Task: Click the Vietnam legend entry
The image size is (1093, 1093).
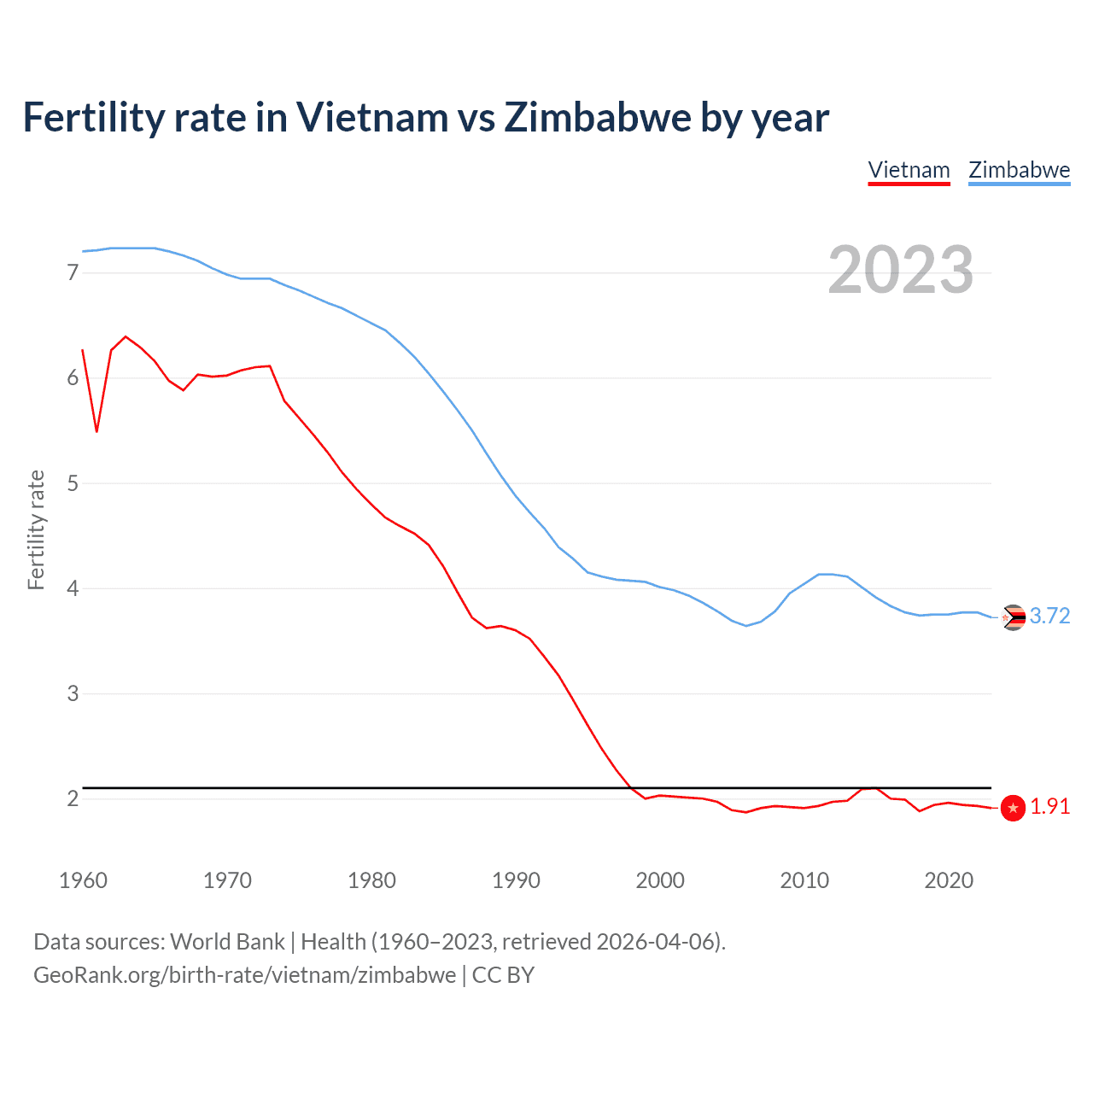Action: point(909,170)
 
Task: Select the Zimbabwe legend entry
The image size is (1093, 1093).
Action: point(1019,170)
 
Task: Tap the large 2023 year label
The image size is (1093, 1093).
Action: point(900,270)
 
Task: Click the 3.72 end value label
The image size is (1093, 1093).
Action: point(1049,617)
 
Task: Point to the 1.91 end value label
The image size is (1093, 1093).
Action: point(1049,807)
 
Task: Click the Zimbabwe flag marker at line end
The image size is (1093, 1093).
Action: point(1014,617)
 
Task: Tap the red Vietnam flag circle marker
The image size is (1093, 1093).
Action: point(1013,808)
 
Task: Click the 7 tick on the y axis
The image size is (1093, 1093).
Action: point(73,273)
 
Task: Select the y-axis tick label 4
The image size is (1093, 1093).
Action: point(73,588)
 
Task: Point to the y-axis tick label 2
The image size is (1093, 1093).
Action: point(73,798)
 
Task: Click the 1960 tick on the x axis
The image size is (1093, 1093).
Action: point(83,880)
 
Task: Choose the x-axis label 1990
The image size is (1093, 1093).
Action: point(516,880)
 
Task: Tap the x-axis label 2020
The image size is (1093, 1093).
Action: point(949,880)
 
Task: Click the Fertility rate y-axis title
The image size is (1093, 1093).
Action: point(36,529)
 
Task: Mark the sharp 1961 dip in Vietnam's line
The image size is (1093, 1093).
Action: point(96,431)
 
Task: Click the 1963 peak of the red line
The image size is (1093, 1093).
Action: point(126,336)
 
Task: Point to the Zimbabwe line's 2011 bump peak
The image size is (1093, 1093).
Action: point(820,574)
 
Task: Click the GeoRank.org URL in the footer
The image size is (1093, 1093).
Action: point(244,975)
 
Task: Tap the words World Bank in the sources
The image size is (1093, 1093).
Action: point(227,942)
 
